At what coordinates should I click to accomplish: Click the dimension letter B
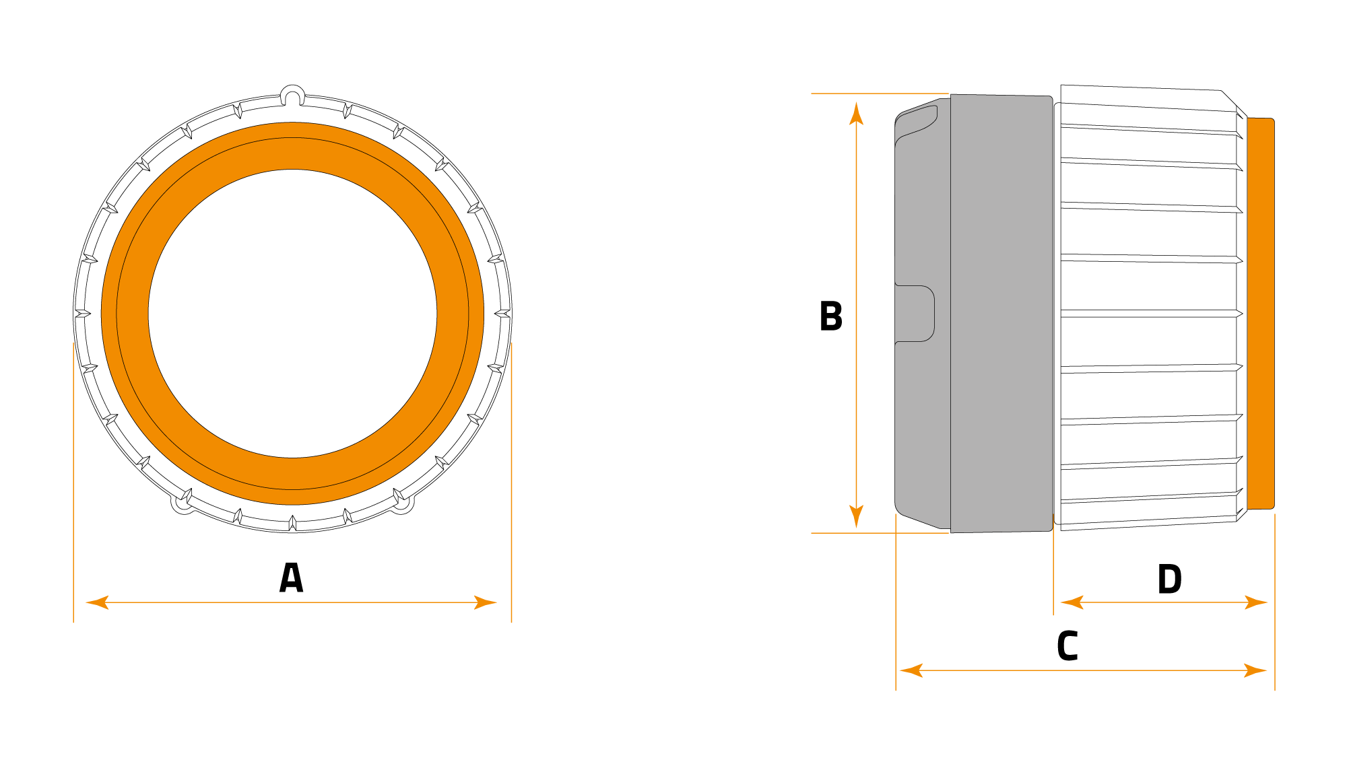830,316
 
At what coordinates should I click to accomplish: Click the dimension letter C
1067,646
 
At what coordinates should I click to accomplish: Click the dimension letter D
1169,579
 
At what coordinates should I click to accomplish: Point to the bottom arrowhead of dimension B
856,516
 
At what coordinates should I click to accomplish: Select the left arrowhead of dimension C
911,670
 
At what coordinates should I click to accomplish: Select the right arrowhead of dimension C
1255,670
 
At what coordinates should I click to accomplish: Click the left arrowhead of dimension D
1072,602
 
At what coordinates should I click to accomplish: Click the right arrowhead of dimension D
1256,602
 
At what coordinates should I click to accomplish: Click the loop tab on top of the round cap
292,95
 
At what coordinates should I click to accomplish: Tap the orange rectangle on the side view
1260,314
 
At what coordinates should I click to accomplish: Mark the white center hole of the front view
292,314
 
